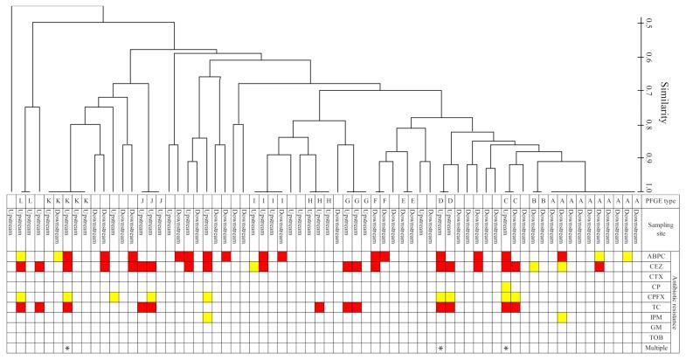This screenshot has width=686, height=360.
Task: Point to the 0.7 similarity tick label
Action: pos(648,90)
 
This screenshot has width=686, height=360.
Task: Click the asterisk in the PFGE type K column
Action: pos(67,349)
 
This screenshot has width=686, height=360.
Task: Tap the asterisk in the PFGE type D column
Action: pos(441,349)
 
